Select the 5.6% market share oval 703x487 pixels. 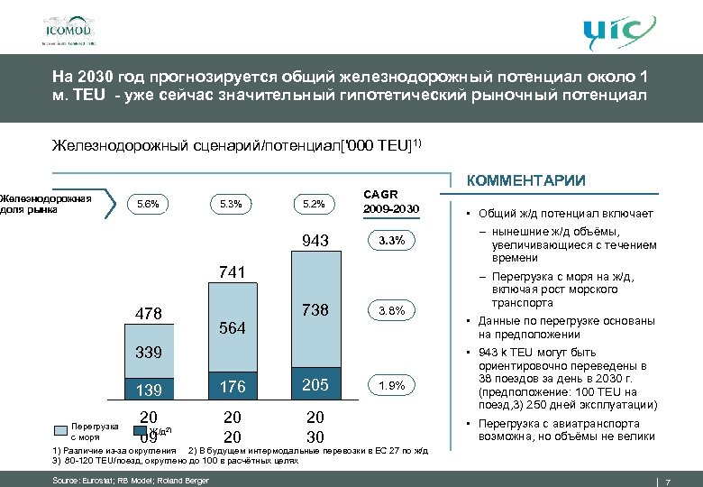coord(148,203)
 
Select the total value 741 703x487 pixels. coord(233,271)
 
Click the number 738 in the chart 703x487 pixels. coord(315,309)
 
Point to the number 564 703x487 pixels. coord(233,328)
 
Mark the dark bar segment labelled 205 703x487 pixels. coord(315,385)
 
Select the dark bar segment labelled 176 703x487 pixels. coord(233,387)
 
